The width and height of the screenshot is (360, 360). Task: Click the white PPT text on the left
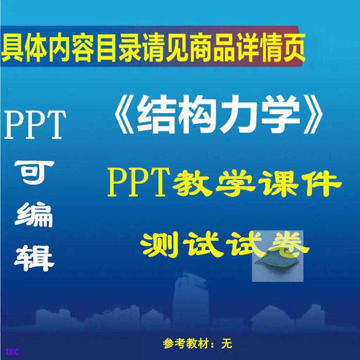(35, 125)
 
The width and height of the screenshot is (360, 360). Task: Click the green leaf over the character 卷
(278, 259)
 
